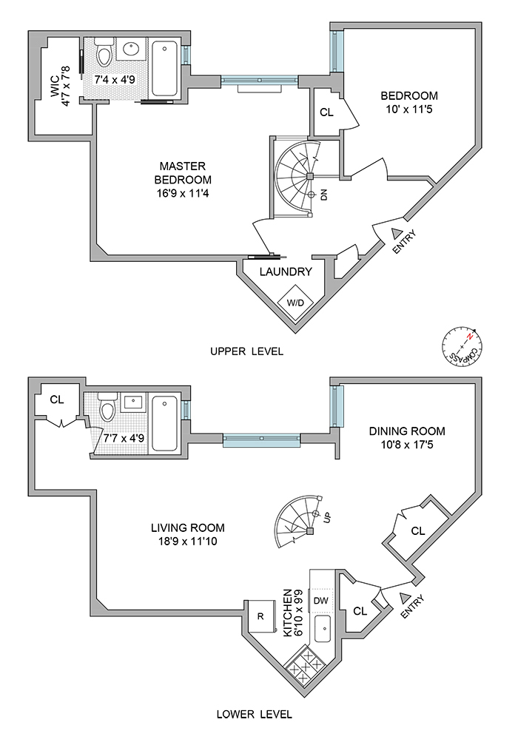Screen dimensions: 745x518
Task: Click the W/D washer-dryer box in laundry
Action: [295, 303]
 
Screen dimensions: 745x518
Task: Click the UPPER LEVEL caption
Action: [247, 351]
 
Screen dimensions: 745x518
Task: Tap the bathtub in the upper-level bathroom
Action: [164, 64]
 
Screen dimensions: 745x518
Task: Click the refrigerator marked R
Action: [260, 616]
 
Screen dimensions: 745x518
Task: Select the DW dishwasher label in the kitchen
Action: [321, 600]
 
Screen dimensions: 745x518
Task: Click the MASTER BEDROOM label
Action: [183, 178]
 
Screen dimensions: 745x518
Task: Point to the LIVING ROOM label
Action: [187, 534]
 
